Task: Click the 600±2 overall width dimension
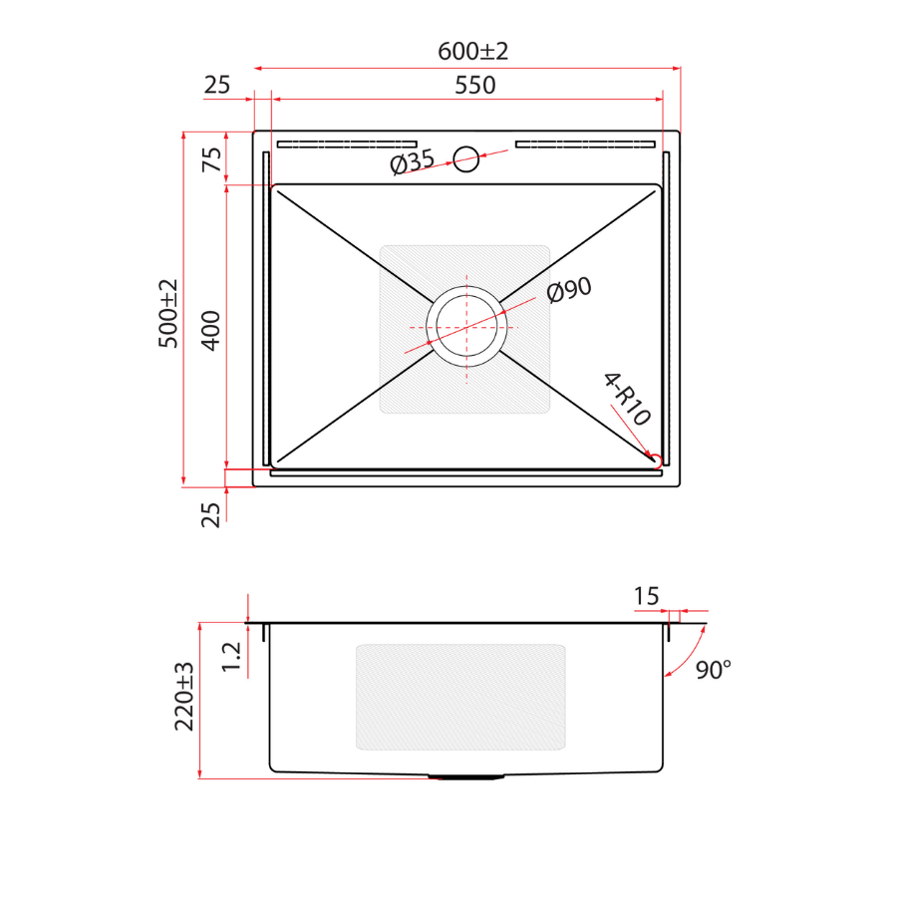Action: [x=472, y=50]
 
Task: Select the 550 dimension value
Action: [x=474, y=86]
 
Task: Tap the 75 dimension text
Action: [x=212, y=159]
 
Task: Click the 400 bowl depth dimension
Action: [x=210, y=329]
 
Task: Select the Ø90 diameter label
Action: [x=569, y=290]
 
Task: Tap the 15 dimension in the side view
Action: [x=646, y=596]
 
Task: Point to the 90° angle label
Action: [x=713, y=669]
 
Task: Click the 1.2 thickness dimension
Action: [x=231, y=656]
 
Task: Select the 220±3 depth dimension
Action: [x=185, y=697]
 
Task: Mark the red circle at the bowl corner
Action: [x=656, y=460]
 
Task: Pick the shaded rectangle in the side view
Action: [x=460, y=696]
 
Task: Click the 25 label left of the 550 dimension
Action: [x=216, y=86]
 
